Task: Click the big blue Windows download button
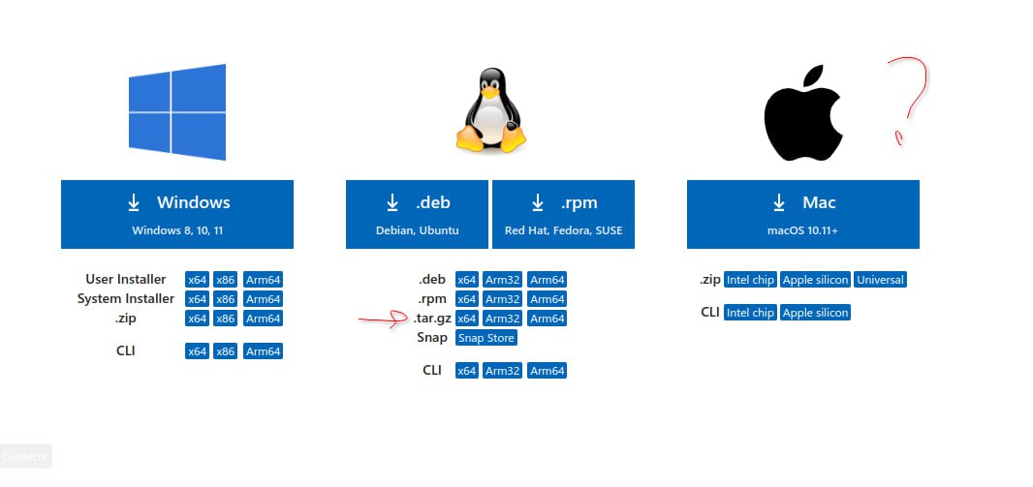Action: click(177, 215)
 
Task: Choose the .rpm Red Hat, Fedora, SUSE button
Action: click(563, 215)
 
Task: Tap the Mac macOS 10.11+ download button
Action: click(803, 215)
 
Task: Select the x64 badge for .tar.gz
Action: click(467, 319)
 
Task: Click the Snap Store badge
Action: click(486, 338)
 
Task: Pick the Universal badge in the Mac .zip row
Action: click(880, 280)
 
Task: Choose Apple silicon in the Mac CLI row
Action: click(815, 313)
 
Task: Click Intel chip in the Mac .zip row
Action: click(750, 280)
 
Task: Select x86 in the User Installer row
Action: click(226, 280)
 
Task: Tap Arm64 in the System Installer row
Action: click(263, 299)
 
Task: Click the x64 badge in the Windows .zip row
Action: click(197, 319)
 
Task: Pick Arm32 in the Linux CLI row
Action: click(502, 371)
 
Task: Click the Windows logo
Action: click(177, 112)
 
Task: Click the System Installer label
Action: click(126, 299)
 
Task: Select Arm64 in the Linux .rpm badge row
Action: click(547, 299)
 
